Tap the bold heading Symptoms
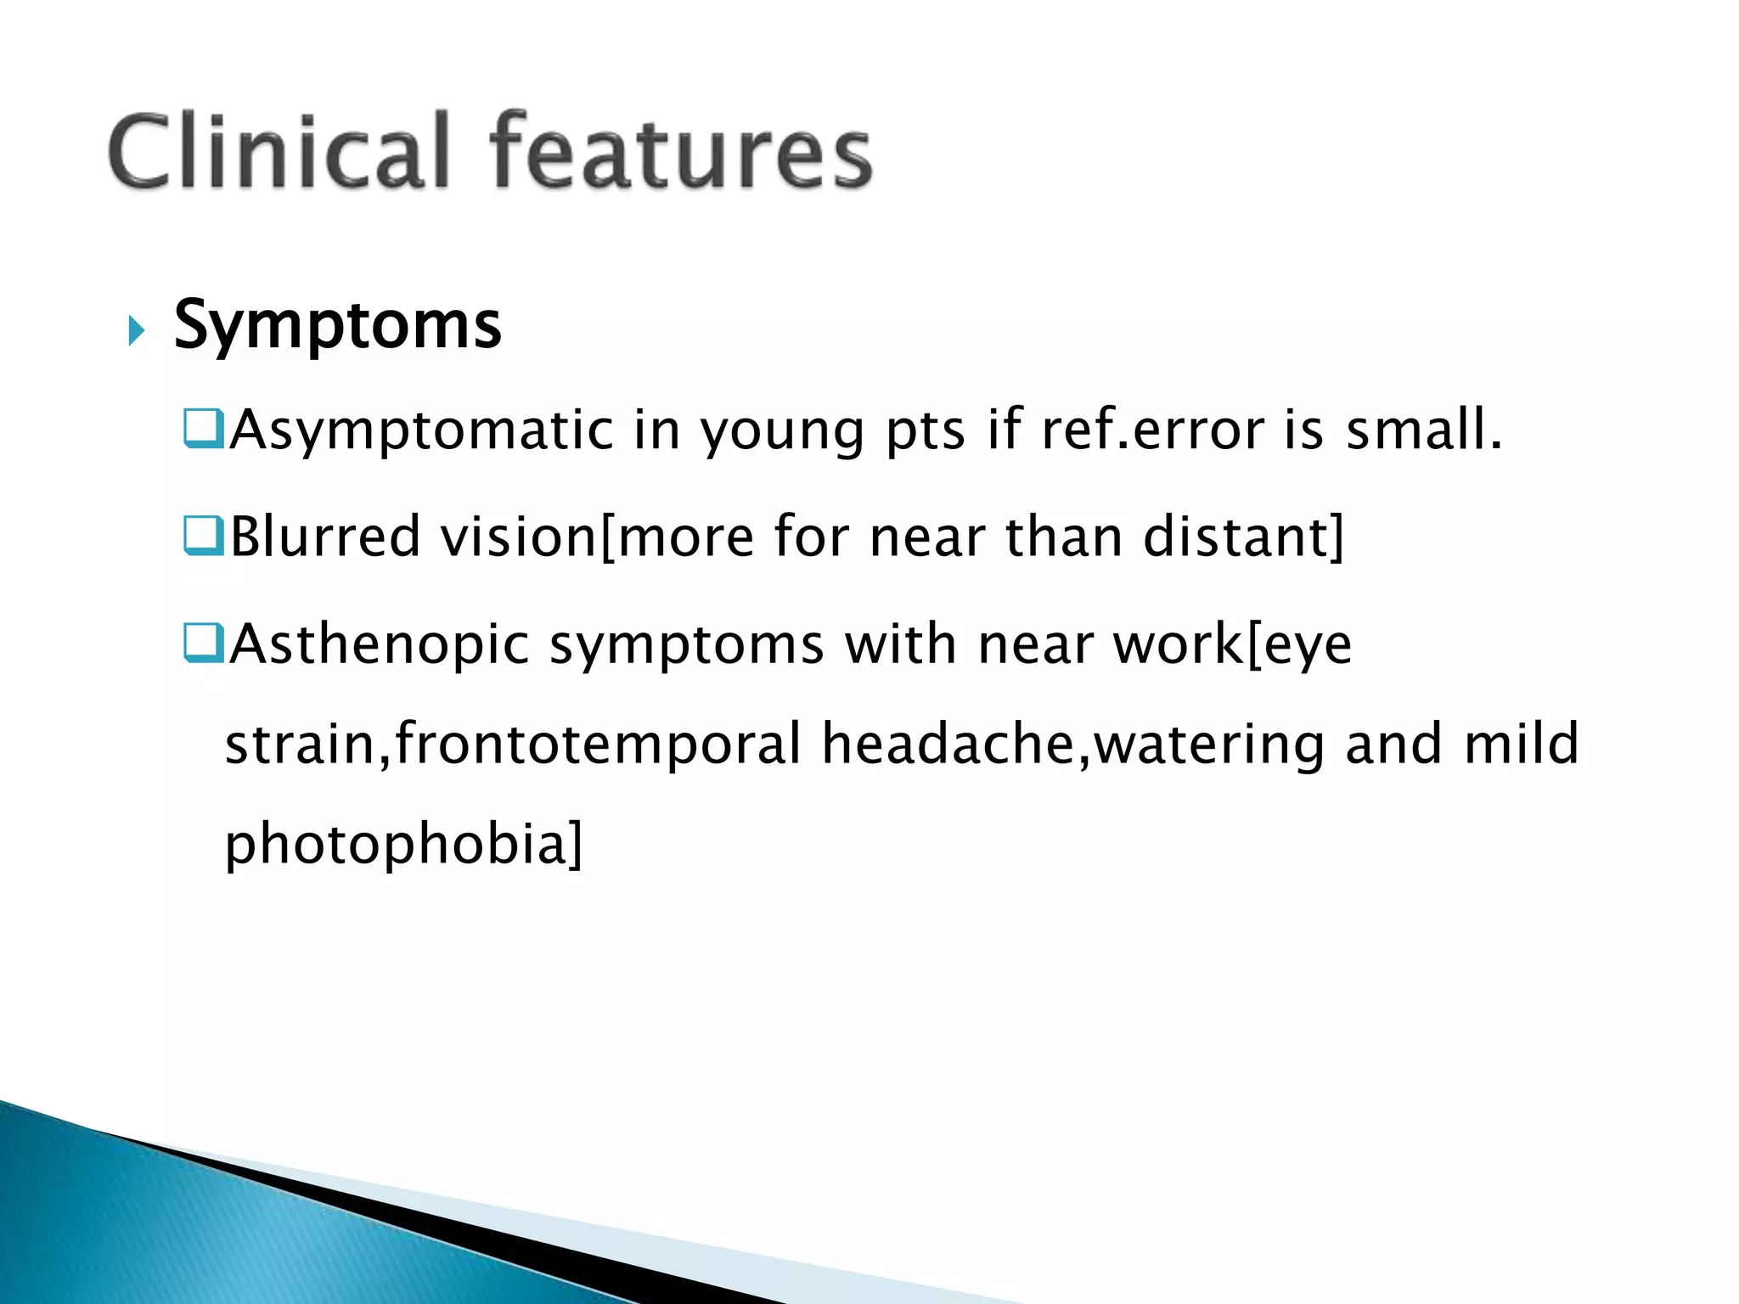(x=337, y=325)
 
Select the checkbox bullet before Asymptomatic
(x=202, y=429)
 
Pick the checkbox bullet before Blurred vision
(x=202, y=536)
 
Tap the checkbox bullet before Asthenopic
(x=202, y=643)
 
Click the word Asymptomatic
(x=421, y=430)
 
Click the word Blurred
(x=325, y=537)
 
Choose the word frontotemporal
(x=599, y=745)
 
